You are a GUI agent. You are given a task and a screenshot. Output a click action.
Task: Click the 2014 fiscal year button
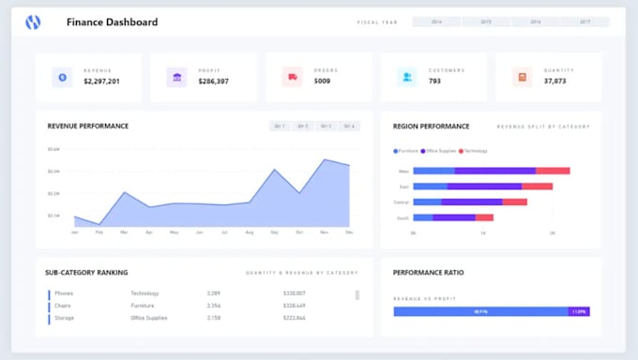[436, 22]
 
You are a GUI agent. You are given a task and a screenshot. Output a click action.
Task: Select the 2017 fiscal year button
[585, 22]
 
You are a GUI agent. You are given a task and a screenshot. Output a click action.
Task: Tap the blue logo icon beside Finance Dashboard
[33, 22]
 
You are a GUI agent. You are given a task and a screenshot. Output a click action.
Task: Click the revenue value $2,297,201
[101, 82]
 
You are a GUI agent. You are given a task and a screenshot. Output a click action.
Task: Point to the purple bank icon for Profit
[176, 77]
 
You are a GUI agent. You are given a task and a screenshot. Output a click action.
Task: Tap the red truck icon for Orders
[293, 77]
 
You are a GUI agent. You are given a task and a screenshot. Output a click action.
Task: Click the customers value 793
[434, 82]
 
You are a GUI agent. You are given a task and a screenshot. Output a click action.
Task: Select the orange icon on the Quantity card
[523, 77]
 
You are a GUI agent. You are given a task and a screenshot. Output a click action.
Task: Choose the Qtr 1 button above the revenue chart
[279, 126]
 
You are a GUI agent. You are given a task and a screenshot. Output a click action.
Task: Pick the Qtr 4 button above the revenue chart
[349, 126]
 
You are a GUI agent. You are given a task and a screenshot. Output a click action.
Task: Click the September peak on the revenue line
[275, 170]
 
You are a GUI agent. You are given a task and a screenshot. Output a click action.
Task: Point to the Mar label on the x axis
[124, 232]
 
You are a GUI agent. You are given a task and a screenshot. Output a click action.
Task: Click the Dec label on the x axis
[349, 232]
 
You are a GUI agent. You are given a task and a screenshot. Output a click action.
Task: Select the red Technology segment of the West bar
[553, 171]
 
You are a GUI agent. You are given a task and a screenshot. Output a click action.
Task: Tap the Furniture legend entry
[406, 150]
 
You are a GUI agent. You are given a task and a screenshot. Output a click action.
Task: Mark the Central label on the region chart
[401, 202]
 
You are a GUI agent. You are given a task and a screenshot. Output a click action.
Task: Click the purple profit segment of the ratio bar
[579, 311]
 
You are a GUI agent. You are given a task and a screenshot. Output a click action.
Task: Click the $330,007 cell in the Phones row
[294, 293]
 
